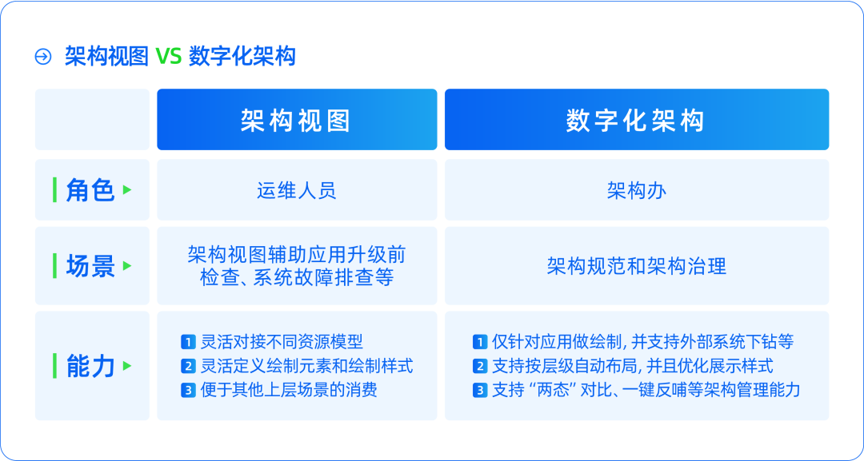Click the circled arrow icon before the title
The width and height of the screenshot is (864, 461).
coord(43,57)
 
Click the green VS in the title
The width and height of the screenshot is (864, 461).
coord(168,57)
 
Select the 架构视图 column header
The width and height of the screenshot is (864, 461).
coord(297,120)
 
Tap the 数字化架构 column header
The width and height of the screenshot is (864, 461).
coord(637,120)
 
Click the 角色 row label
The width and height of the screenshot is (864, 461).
coord(90,190)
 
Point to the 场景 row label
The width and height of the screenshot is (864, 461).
coord(90,266)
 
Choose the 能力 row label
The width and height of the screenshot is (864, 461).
coord(90,367)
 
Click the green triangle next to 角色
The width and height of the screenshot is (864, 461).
coord(127,190)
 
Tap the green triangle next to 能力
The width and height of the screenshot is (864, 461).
coord(127,366)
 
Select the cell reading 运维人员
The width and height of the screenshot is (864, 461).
coord(297,190)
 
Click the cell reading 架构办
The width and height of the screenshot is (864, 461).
coord(637,190)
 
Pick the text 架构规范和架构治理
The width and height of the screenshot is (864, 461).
coord(637,266)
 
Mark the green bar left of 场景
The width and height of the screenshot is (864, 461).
coord(54,266)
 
